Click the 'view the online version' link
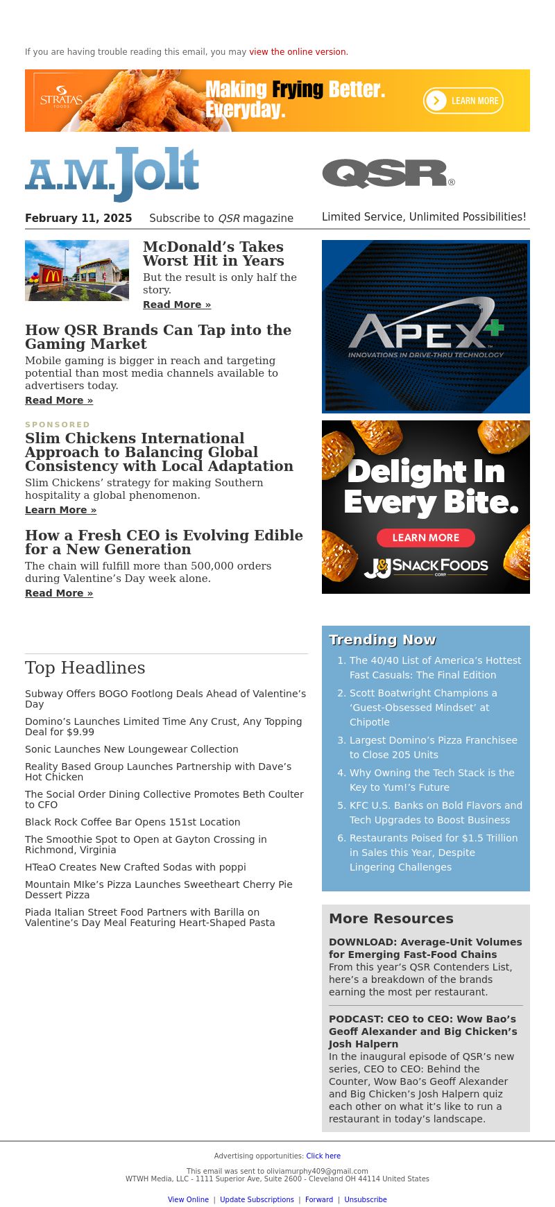click(298, 52)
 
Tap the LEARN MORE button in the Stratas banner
click(463, 101)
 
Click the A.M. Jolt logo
click(112, 174)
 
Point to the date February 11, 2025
click(78, 219)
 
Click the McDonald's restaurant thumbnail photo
click(77, 271)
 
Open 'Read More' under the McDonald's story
click(177, 305)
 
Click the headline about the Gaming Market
click(158, 337)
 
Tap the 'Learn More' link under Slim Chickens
click(60, 510)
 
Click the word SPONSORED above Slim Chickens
click(58, 425)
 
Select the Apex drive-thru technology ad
click(426, 327)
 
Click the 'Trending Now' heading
click(382, 640)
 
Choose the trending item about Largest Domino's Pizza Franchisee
click(433, 747)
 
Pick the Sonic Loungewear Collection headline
click(132, 749)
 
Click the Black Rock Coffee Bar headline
click(133, 822)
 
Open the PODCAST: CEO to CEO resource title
click(422, 1031)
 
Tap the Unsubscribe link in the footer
click(366, 1199)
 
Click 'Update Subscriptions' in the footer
click(257, 1199)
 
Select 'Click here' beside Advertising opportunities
click(323, 1156)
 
